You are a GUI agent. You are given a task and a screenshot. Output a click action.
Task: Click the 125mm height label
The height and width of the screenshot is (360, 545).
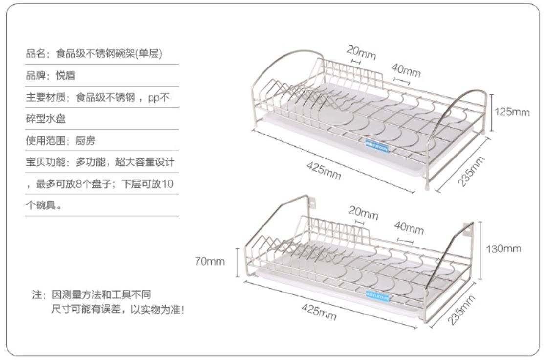tap(512, 112)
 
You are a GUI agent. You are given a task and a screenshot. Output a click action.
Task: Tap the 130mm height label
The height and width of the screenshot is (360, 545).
tap(503, 248)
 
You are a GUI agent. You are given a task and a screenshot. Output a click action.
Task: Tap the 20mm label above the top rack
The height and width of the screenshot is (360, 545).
tap(361, 52)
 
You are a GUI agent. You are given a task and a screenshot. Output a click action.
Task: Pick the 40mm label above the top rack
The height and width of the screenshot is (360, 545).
tap(406, 71)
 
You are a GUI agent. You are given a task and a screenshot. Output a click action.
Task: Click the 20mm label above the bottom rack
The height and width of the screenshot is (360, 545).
tap(363, 214)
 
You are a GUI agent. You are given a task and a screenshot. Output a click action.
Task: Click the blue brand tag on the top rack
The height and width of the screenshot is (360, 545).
tap(377, 145)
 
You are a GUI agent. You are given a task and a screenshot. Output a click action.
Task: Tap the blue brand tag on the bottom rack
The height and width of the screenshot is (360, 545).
tap(376, 293)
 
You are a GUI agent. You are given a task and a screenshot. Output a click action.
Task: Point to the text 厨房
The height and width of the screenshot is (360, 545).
tap(86, 141)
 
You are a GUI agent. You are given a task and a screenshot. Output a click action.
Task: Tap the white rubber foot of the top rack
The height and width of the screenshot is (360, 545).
tap(429, 187)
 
